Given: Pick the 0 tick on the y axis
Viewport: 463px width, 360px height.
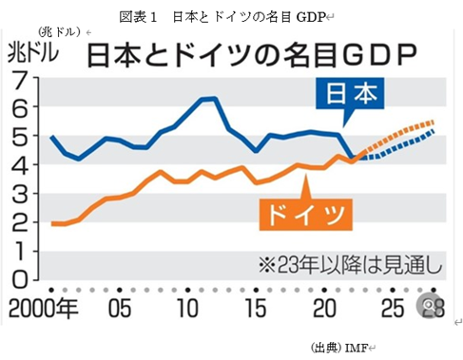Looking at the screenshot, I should (x=20, y=280).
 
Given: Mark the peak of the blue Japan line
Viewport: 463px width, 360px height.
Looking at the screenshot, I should (x=207, y=98).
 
